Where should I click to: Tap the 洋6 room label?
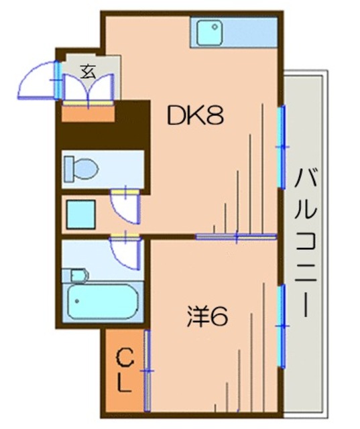click(x=207, y=314)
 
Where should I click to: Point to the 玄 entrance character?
click(x=88, y=71)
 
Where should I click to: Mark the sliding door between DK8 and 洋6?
click(x=236, y=236)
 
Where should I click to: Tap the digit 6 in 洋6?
click(x=219, y=314)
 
